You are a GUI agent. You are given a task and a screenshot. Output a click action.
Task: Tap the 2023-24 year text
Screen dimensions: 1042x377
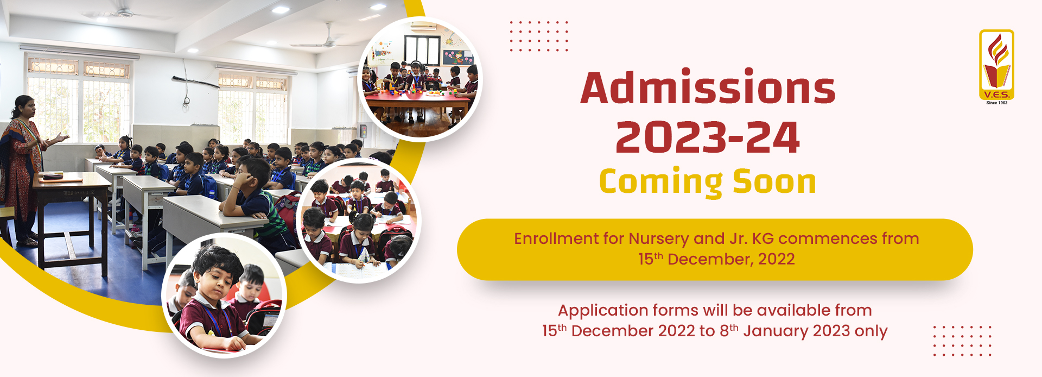[708, 137]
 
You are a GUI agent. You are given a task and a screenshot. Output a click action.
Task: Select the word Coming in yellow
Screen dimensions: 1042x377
[660, 183]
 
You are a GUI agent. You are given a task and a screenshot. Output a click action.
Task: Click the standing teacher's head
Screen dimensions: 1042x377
[23, 107]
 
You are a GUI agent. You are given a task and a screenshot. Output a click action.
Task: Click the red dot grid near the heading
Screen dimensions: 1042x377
[539, 36]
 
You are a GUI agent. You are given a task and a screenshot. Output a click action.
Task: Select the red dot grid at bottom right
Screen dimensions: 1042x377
[962, 341]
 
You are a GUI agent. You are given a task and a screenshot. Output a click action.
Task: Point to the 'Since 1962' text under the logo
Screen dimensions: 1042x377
[996, 103]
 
